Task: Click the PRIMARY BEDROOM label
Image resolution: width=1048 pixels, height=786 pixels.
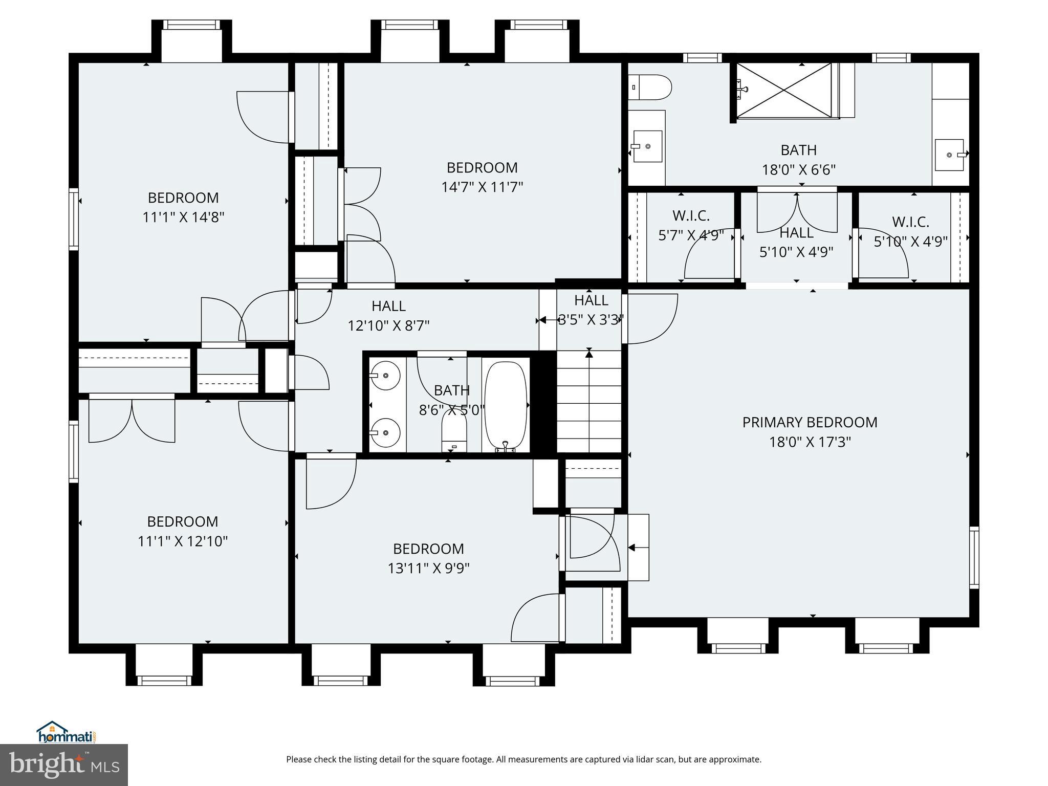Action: (x=810, y=423)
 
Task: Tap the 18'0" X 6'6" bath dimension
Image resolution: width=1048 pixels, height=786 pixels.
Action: (x=799, y=170)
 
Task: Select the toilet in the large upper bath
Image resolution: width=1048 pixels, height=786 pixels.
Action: (x=649, y=88)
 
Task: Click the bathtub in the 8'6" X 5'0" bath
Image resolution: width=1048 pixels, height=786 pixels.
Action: (x=506, y=404)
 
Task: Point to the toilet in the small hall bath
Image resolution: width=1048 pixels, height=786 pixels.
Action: (x=454, y=435)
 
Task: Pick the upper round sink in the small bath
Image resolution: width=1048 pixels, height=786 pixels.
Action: (x=384, y=375)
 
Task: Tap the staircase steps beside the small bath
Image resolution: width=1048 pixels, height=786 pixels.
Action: (x=589, y=404)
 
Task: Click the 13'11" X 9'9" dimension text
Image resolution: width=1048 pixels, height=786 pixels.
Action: (x=428, y=569)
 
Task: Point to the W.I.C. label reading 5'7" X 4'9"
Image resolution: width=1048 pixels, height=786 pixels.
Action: (x=691, y=235)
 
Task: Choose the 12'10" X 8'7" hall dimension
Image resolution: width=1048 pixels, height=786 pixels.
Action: (x=388, y=326)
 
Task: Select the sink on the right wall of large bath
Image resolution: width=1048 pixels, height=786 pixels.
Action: (x=949, y=155)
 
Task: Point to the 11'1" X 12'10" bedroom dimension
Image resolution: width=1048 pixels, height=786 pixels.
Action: (x=183, y=541)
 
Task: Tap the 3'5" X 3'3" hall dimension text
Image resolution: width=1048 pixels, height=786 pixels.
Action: (x=591, y=320)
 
